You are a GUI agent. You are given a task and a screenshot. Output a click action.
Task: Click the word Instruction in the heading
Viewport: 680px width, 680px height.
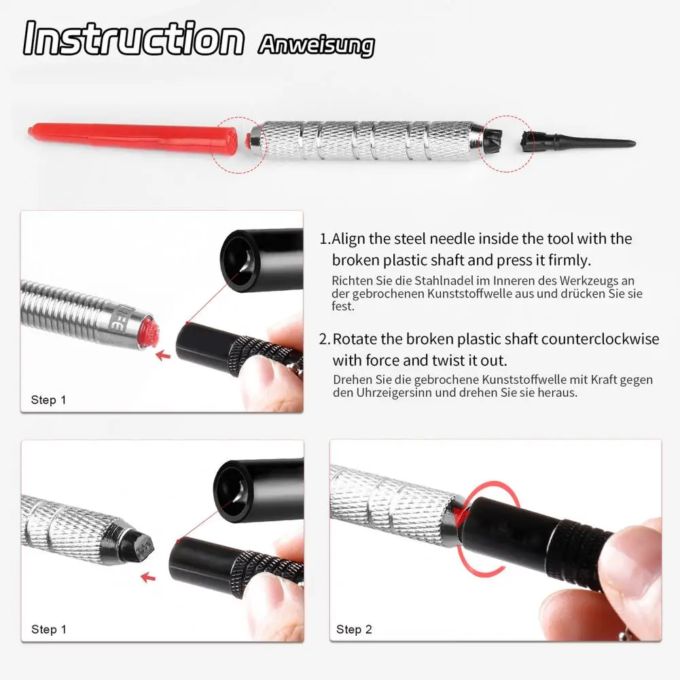coord(133,39)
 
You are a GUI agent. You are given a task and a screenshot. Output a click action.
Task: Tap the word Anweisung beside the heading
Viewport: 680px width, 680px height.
coord(316,45)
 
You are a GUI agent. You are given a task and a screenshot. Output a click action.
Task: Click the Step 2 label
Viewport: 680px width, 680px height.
coord(354,630)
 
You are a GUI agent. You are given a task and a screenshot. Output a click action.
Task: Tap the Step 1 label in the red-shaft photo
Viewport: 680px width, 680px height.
coord(48,400)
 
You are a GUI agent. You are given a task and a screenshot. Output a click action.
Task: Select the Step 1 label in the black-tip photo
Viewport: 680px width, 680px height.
coord(48,630)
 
